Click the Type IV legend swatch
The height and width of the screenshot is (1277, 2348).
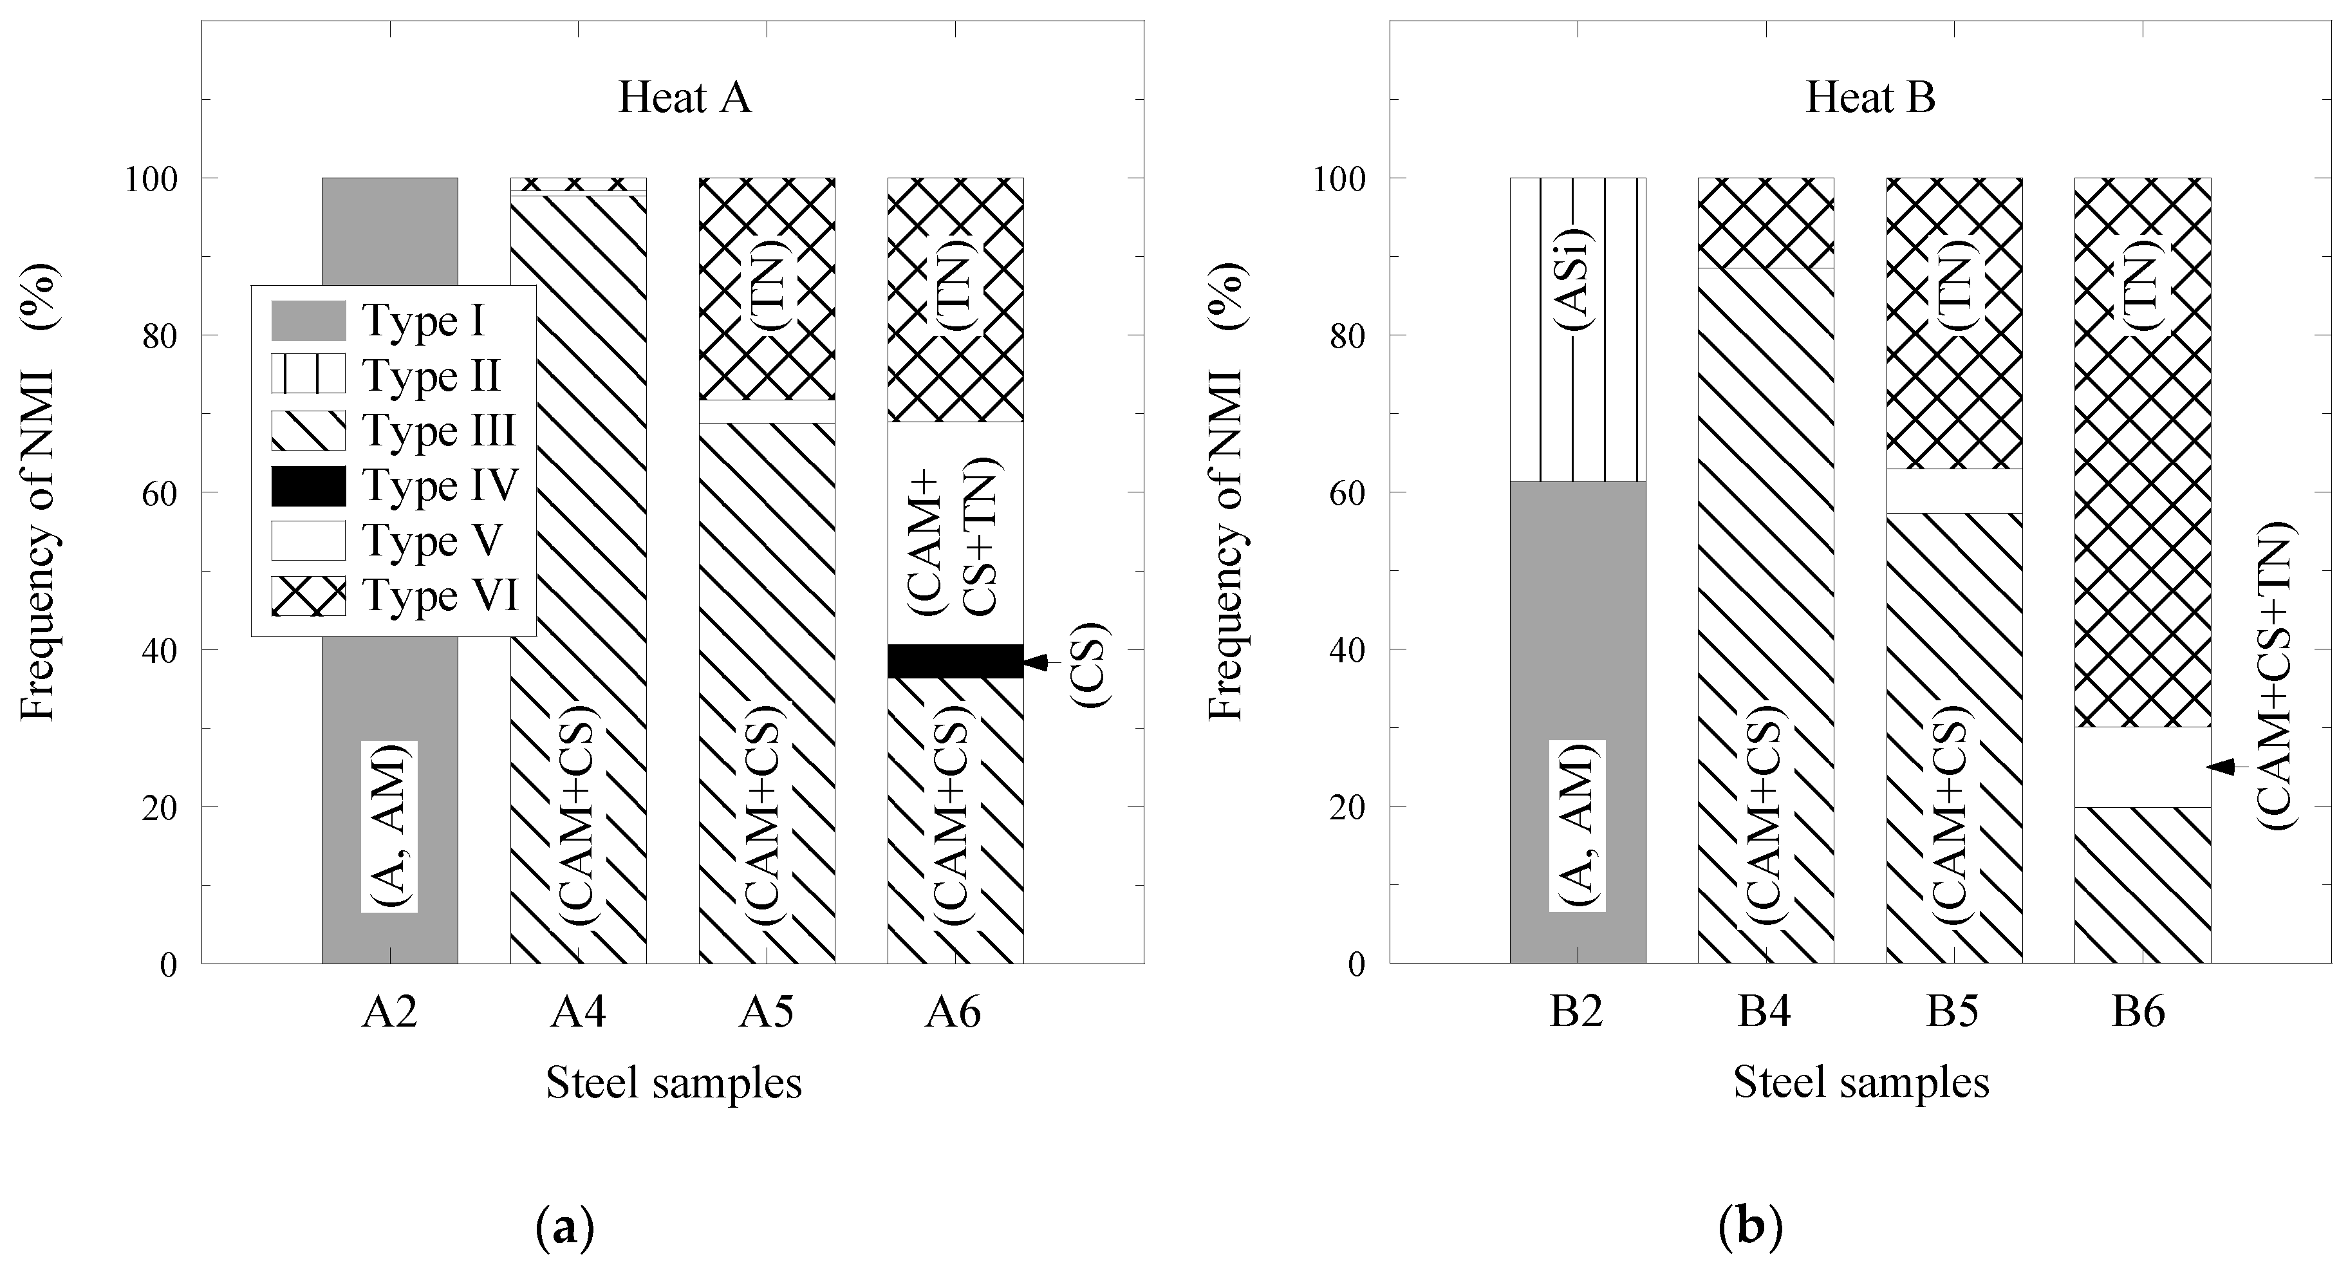coord(308,486)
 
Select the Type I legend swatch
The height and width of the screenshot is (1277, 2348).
coord(308,321)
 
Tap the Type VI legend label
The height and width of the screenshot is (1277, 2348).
coord(441,596)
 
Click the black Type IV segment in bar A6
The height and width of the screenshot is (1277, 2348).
coord(955,661)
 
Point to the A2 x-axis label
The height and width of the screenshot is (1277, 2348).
coord(389,1012)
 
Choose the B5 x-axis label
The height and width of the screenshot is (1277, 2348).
coord(1952,1012)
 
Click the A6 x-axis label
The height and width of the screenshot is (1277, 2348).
coord(953,1012)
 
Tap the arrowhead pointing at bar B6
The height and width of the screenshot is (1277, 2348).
coord(2221,767)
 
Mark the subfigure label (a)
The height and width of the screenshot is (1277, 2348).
coord(564,1228)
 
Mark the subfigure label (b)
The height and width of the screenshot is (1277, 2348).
coord(1750,1228)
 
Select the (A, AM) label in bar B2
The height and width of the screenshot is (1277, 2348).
coord(1577,826)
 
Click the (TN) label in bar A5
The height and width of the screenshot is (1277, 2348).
coord(767,283)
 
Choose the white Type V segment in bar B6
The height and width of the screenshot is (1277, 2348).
coord(2142,767)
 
